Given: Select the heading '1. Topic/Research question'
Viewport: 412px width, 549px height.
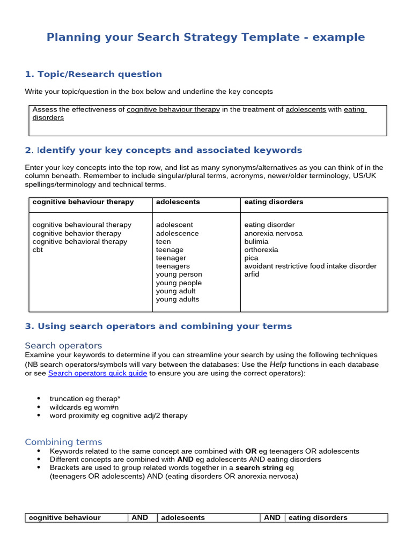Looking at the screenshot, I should tap(93, 74).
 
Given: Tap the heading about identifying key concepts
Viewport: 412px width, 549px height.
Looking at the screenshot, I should tap(164, 150).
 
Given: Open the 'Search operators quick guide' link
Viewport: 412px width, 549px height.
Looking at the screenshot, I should tap(98, 373).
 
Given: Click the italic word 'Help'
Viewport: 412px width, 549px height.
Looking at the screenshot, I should tap(278, 364).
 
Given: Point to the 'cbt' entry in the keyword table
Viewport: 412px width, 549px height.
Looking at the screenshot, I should tap(38, 250).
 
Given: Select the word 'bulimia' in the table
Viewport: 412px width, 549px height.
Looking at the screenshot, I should tap(256, 242).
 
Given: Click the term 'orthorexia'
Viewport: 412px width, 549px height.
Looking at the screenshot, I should tap(261, 250).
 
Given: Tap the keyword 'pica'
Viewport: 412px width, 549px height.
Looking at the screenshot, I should tap(251, 258).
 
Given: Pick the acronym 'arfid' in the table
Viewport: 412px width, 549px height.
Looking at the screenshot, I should tap(252, 274).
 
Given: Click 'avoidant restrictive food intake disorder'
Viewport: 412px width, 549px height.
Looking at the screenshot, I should tap(310, 266).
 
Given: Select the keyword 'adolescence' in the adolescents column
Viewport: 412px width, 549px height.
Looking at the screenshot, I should tap(177, 234).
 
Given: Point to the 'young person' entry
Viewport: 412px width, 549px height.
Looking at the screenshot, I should tap(179, 274).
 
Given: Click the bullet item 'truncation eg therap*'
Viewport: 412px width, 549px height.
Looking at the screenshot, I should tap(85, 399).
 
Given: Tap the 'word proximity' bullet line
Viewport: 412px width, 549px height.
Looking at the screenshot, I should tap(119, 416).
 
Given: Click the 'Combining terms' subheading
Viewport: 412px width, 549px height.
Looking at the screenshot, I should tap(63, 442).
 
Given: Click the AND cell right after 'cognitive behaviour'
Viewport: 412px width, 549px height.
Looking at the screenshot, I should tap(140, 518).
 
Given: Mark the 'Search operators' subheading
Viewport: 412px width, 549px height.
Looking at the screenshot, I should tap(63, 345).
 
